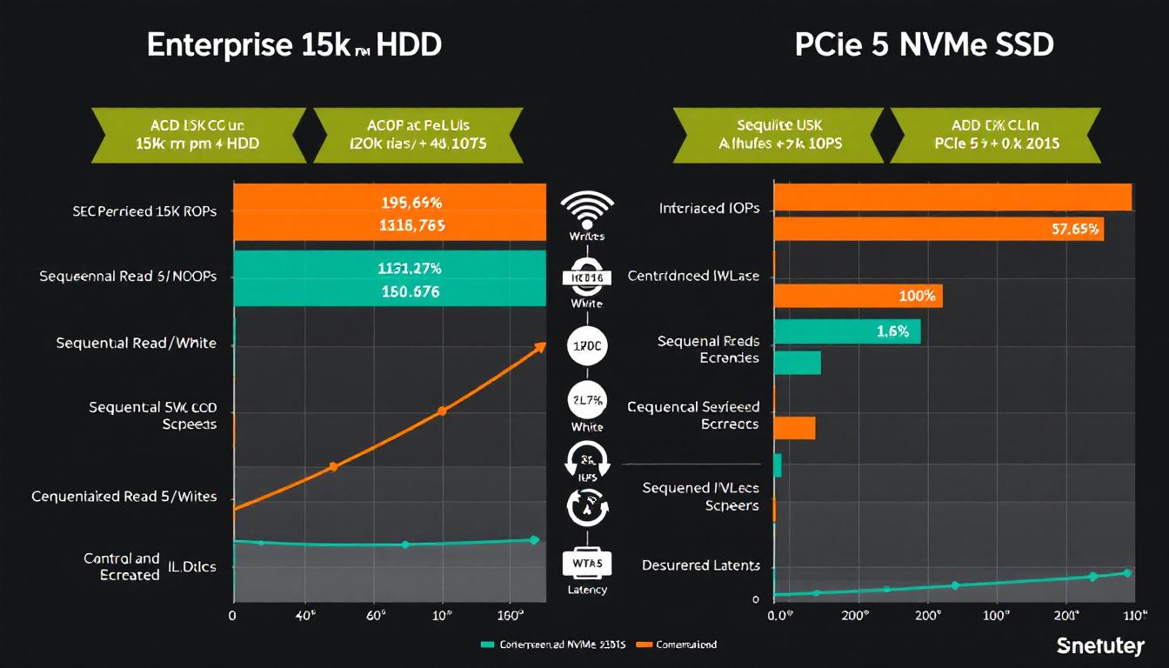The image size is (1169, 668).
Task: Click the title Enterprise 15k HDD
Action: coord(294,46)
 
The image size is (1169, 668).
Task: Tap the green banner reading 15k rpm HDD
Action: coord(198,135)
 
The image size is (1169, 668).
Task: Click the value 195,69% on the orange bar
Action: coord(411,204)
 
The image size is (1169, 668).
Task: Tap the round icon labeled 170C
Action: coord(587,345)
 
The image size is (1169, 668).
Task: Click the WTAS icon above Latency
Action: coord(588,564)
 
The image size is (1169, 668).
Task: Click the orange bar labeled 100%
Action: coord(857,296)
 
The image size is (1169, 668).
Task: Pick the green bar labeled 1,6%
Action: coord(845,331)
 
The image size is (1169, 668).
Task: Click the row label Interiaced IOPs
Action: coord(709,209)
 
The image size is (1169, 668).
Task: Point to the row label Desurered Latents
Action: coord(701,565)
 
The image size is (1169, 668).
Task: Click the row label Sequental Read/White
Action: coord(136,344)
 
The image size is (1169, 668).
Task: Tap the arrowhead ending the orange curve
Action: coord(541,347)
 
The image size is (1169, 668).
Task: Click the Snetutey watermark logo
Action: coord(1099,645)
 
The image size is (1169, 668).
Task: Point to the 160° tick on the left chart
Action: coord(511,615)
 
